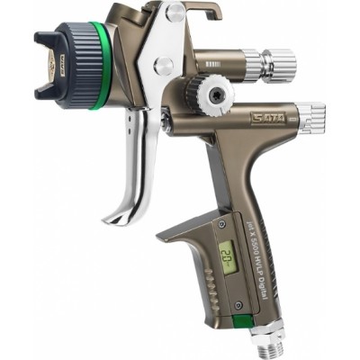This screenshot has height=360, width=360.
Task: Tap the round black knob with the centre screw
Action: (x=215, y=94)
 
